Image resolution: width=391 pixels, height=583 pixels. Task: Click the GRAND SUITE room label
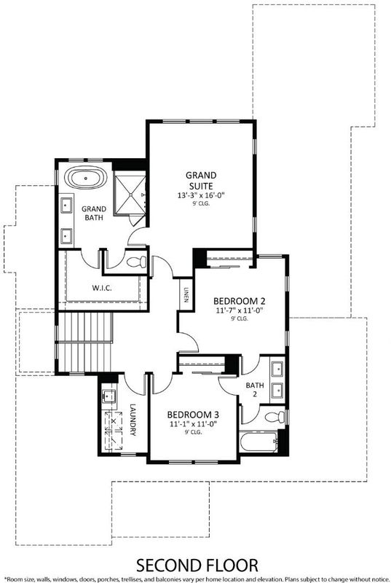tap(201, 180)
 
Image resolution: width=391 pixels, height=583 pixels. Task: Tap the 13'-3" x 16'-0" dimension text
tap(201, 195)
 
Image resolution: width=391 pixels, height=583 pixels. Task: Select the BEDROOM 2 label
tap(239, 301)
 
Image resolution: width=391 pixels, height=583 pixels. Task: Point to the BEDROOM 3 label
tap(193, 415)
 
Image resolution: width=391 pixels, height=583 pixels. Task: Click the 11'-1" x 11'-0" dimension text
tap(193, 424)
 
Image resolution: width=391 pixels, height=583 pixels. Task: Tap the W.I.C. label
tap(101, 288)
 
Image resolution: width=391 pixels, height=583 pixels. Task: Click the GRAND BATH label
tap(94, 213)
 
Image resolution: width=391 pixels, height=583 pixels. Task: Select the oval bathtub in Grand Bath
tap(86, 179)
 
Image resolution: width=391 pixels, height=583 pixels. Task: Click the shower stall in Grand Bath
tap(129, 194)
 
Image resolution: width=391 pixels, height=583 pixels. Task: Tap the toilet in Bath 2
tap(275, 417)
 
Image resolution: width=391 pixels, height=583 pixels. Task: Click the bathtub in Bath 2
tap(258, 442)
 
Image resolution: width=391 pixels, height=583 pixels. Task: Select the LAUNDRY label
tap(133, 420)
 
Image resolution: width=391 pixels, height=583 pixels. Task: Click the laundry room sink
tap(108, 396)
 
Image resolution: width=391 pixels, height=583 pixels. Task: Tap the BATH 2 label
tap(255, 389)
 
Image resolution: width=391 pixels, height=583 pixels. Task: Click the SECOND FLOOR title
tap(197, 566)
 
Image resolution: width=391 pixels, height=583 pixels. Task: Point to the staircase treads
tap(84, 342)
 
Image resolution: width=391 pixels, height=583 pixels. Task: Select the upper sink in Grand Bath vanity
tap(67, 205)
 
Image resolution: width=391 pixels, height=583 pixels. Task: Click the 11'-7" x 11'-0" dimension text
tap(239, 310)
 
